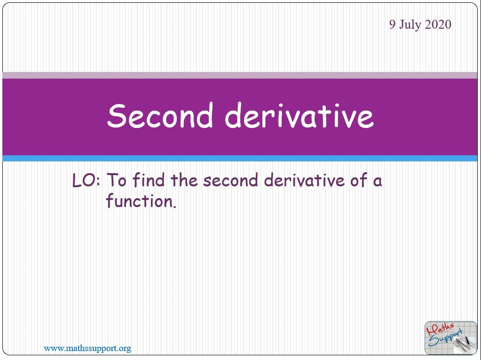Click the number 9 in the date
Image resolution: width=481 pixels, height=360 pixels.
point(393,24)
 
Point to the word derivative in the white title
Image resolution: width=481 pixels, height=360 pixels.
point(300,115)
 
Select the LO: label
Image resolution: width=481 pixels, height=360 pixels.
point(86,180)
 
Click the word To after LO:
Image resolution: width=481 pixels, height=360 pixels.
point(116,180)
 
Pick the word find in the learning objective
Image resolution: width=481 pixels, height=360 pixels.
point(149,180)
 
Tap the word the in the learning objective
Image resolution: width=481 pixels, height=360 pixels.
point(184,180)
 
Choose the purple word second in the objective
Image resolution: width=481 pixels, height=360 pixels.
point(230,180)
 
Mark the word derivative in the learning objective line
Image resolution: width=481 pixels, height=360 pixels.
point(304,180)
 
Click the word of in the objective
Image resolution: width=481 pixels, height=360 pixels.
point(359,180)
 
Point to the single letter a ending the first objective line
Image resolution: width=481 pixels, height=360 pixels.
point(378,182)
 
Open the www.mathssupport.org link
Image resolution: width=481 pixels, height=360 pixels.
point(87,349)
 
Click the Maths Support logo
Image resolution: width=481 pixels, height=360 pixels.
point(450,338)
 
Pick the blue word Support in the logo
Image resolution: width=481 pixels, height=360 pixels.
point(446,338)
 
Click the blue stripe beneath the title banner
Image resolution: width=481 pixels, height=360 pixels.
point(240,159)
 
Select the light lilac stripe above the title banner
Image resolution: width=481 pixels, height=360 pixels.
point(240,75)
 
